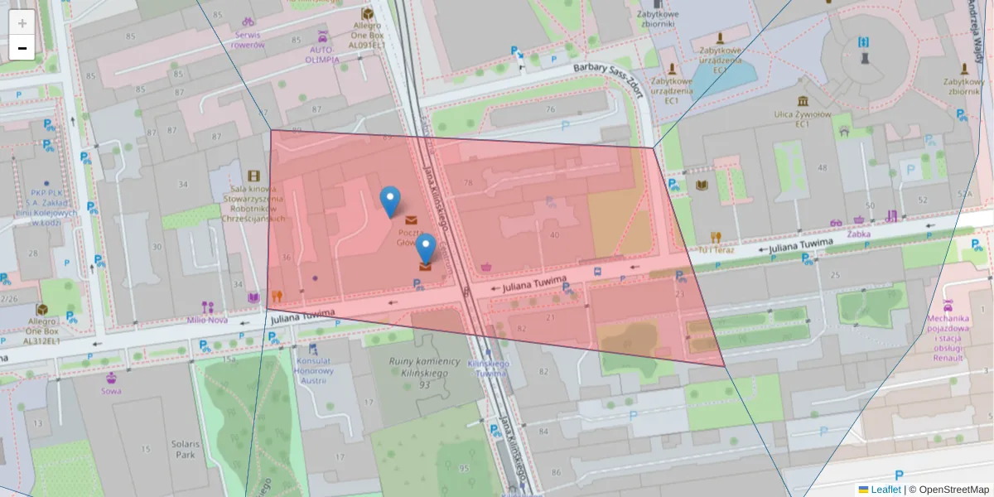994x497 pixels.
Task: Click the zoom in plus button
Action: (22, 22)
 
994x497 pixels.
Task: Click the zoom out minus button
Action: (22, 48)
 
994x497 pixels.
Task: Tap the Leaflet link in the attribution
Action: (885, 490)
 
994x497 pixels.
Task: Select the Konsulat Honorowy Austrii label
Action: (314, 365)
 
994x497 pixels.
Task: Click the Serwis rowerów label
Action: (248, 40)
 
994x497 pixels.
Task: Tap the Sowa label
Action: (111, 391)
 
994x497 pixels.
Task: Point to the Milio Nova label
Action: (206, 320)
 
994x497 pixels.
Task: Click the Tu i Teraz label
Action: (717, 249)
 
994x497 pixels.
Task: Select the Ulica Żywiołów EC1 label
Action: (802, 118)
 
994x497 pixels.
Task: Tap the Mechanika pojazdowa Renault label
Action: (948, 338)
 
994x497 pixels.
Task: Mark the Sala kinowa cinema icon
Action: (253, 176)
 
